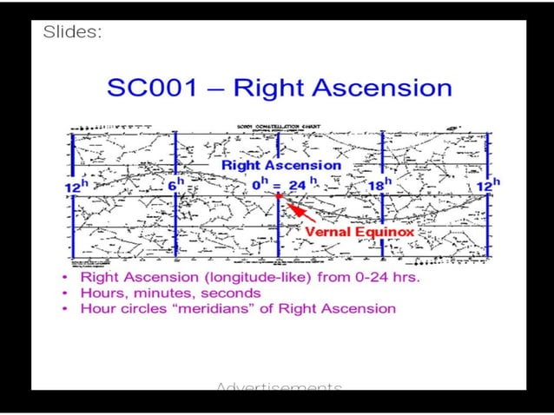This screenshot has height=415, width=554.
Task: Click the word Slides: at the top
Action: coord(72,32)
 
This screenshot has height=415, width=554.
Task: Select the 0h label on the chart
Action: coord(258,185)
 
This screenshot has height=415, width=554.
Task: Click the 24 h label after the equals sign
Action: coord(300,184)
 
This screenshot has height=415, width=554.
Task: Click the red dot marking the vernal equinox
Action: coord(277,196)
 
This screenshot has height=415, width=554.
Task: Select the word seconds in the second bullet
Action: coord(231,293)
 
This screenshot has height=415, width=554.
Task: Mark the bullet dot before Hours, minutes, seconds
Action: coord(67,293)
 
